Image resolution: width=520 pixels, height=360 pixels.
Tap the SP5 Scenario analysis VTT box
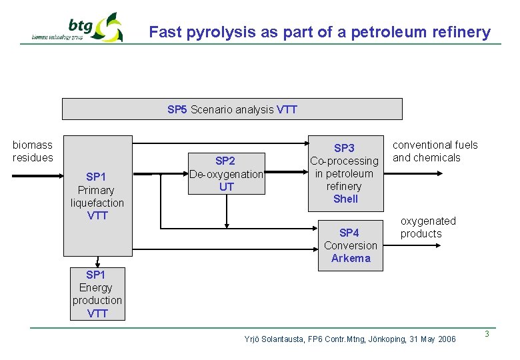(232, 109)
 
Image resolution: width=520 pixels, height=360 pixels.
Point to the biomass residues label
(32, 151)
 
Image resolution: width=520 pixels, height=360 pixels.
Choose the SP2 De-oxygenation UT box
(227, 174)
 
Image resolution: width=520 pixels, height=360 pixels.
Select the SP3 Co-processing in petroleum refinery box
(345, 173)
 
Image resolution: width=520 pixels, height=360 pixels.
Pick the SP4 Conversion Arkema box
(350, 245)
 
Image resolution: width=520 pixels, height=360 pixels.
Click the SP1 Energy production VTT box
(97, 294)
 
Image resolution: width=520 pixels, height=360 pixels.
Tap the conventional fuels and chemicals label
(435, 151)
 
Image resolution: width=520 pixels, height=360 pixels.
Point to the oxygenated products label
(427, 227)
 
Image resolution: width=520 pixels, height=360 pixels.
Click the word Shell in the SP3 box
(345, 199)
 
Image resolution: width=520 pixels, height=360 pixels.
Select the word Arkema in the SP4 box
(351, 258)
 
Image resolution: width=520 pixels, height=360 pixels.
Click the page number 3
(487, 334)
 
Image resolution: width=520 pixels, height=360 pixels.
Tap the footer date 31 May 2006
(430, 339)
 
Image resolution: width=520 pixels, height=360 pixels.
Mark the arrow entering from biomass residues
(37, 175)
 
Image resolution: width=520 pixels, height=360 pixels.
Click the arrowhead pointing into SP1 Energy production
(97, 264)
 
